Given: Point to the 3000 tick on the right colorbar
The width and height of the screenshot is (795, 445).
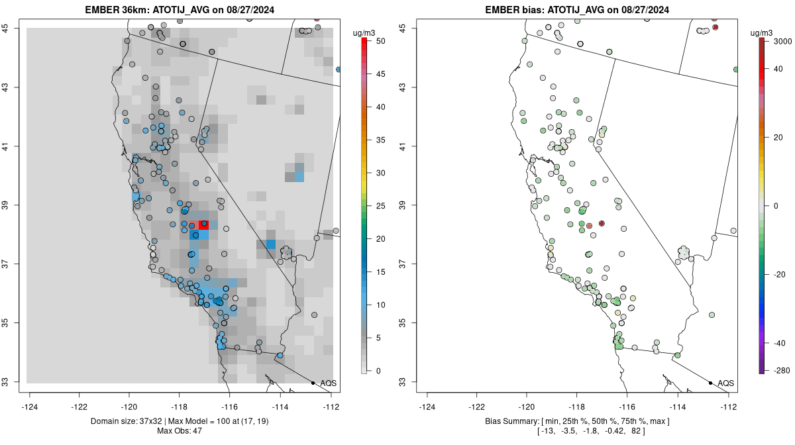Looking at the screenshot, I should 782,41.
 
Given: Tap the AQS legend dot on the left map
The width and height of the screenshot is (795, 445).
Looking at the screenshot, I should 313,383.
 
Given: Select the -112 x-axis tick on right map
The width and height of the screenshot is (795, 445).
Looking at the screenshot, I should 728,407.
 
